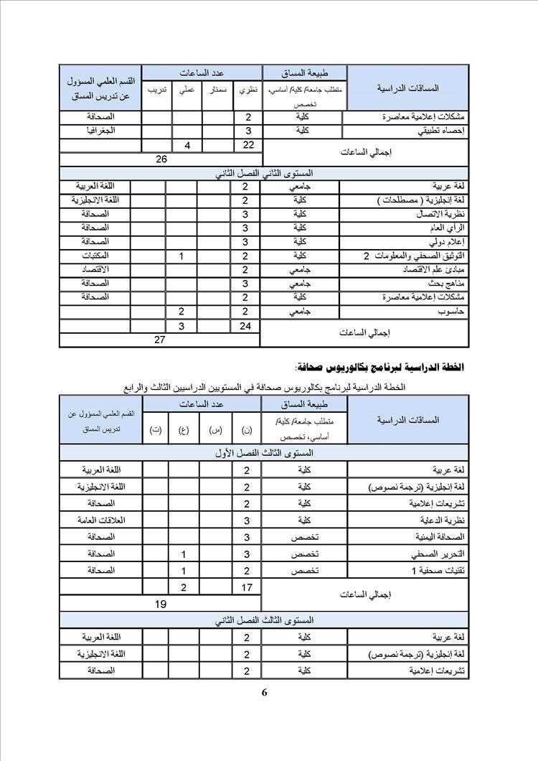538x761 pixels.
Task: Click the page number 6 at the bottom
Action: point(264,692)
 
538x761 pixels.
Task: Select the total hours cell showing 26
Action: point(161,159)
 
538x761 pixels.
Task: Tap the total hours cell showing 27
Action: point(160,340)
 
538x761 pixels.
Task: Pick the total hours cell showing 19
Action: point(161,604)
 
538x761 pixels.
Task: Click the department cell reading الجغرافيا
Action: point(100,131)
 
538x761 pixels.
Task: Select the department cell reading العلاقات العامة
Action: point(100,520)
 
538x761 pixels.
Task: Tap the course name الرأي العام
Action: point(445,228)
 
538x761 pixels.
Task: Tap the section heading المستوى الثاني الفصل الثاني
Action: point(264,173)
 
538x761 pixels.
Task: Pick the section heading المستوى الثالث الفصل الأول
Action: point(264,453)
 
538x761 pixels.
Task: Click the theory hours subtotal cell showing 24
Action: point(246,326)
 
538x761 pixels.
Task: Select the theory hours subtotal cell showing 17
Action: point(246,588)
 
